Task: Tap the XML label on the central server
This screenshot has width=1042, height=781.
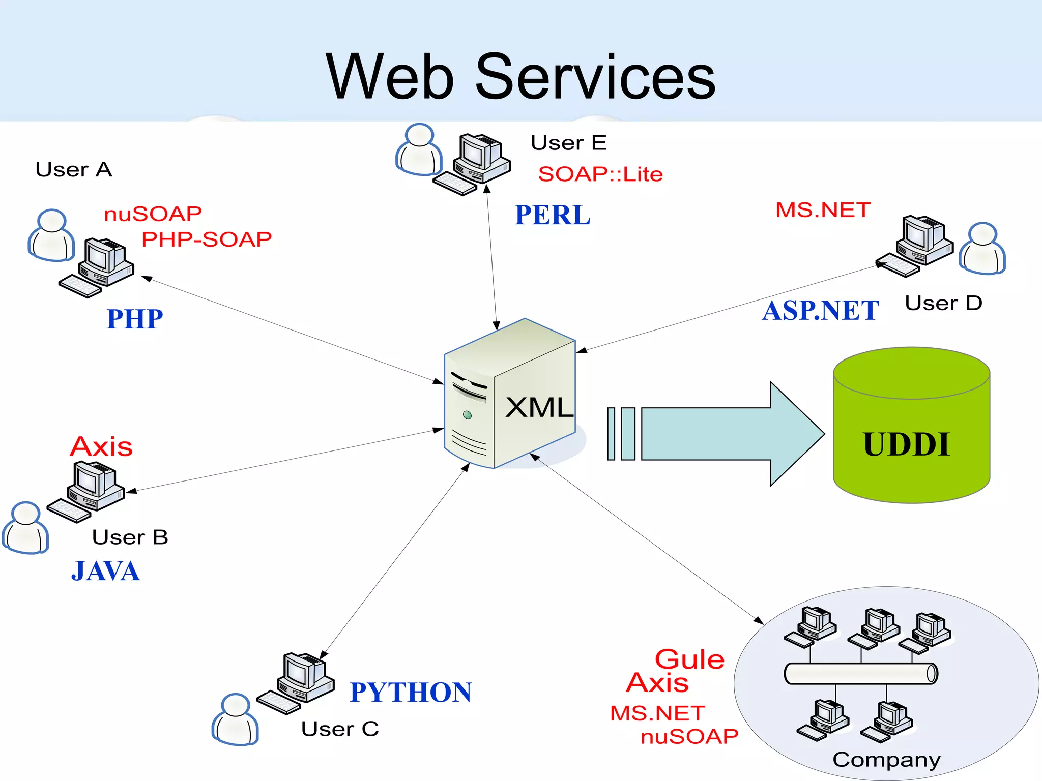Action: (x=539, y=408)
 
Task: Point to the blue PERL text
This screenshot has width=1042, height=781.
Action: (x=553, y=215)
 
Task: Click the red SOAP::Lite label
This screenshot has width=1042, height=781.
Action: (x=600, y=174)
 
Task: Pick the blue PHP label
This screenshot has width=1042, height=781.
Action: (x=134, y=319)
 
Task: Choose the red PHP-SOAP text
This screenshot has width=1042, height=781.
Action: (x=207, y=239)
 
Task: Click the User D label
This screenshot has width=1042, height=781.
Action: (x=943, y=303)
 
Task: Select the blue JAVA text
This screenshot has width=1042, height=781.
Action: (x=105, y=571)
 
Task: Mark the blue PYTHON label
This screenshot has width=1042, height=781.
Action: (x=411, y=693)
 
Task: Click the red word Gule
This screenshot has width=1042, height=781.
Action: (x=689, y=659)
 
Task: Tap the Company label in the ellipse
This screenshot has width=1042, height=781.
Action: (x=886, y=760)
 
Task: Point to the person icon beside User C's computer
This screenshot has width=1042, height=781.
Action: (x=235, y=719)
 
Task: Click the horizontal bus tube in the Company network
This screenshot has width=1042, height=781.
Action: (x=860, y=674)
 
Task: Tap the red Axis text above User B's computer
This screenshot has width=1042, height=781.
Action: (x=101, y=447)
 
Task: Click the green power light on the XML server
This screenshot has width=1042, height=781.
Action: (x=467, y=415)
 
